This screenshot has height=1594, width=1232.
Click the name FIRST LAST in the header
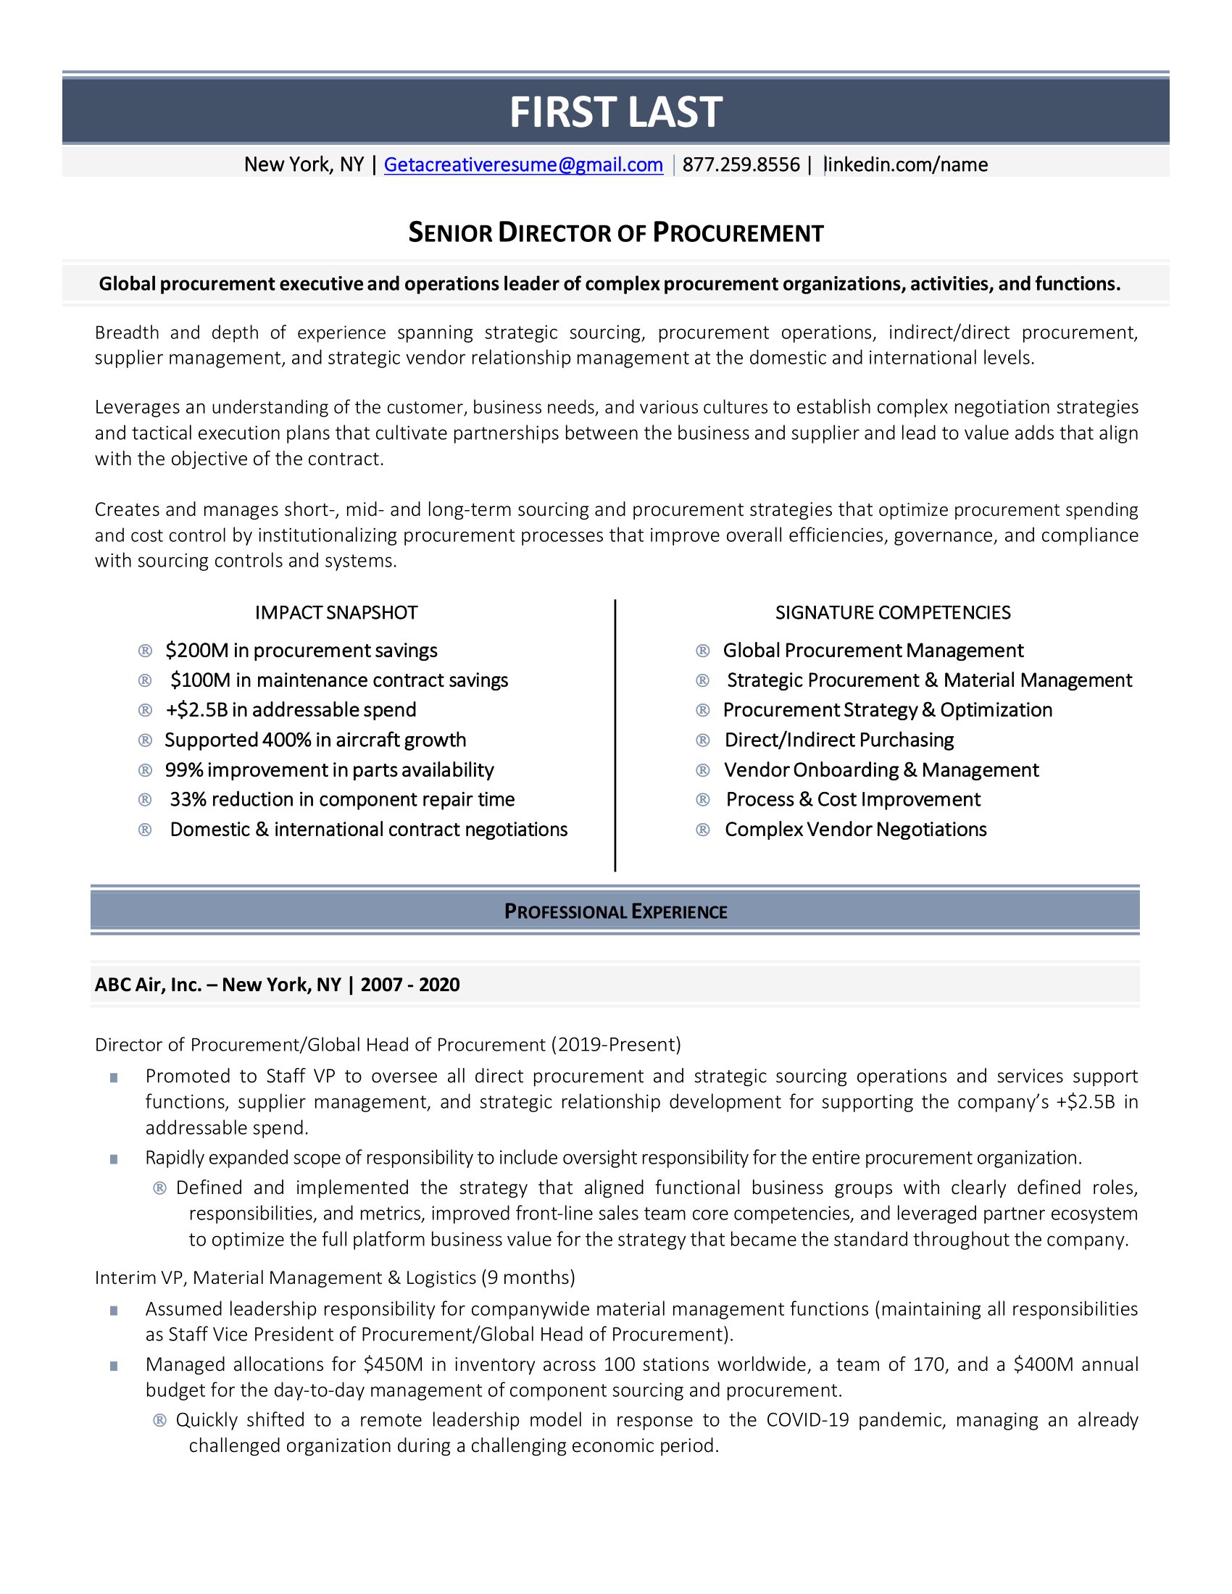click(x=615, y=112)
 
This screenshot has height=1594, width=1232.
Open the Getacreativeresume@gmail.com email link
click(x=523, y=165)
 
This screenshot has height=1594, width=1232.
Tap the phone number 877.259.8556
click(x=741, y=165)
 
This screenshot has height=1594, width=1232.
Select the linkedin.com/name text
click(x=907, y=165)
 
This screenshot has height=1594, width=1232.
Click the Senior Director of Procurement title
click(x=615, y=233)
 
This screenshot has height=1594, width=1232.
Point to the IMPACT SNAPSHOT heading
click(x=336, y=612)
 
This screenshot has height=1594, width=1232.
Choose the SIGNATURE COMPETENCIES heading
click(x=893, y=612)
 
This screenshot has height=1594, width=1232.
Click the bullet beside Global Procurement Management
click(x=703, y=651)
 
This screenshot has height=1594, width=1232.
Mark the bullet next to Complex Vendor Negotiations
click(x=703, y=830)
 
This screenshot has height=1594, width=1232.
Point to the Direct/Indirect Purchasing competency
click(x=838, y=740)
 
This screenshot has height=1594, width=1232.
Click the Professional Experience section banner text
click(x=615, y=911)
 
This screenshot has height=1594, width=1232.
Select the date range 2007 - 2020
click(x=409, y=985)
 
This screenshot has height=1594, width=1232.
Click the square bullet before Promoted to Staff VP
click(x=114, y=1077)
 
